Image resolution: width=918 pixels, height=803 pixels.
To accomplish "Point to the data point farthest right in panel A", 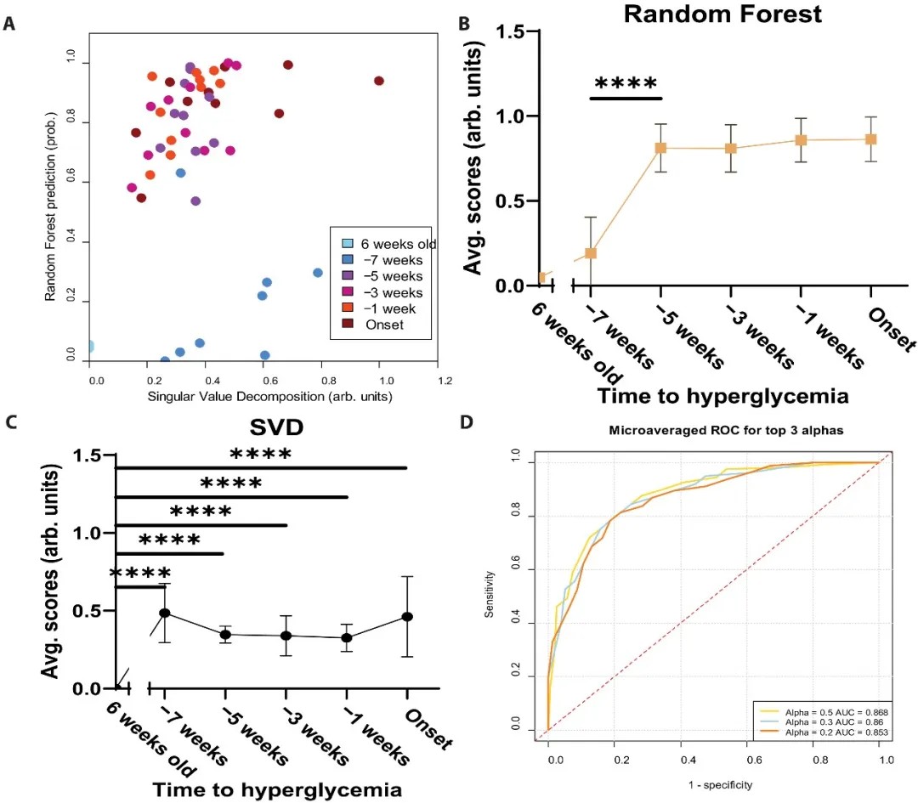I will (x=379, y=81).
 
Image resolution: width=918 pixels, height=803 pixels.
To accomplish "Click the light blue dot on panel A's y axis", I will (x=88, y=346).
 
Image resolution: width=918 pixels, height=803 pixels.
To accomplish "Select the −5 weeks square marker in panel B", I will (x=660, y=148).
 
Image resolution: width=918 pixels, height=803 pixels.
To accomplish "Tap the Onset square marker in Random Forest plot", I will (x=871, y=139).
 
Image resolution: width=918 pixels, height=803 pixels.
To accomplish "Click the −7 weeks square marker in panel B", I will (x=591, y=252).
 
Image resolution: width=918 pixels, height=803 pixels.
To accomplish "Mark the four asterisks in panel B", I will (x=626, y=84).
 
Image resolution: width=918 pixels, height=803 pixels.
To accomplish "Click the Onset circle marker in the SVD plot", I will (x=408, y=616).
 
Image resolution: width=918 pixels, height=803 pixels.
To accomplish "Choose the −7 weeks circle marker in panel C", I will (x=166, y=613).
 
